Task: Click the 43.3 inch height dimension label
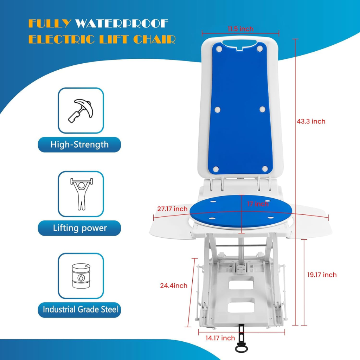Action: [x=311, y=121]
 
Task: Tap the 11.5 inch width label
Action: [x=240, y=29]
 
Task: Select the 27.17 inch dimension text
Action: [x=172, y=209]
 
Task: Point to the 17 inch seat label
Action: [x=258, y=204]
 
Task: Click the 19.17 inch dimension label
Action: [x=322, y=275]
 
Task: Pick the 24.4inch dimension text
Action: [x=174, y=285]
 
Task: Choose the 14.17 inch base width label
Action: [x=220, y=338]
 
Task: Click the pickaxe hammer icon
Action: [x=81, y=111]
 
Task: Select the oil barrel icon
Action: [x=81, y=276]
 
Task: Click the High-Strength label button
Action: [x=79, y=144]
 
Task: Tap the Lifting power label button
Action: [x=79, y=228]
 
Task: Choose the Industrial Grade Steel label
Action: [x=79, y=310]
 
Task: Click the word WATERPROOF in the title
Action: [x=122, y=24]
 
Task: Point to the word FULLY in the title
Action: [x=50, y=24]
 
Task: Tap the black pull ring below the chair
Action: [x=242, y=349]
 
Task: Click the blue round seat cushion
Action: [x=241, y=211]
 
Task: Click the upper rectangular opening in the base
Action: [x=241, y=283]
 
